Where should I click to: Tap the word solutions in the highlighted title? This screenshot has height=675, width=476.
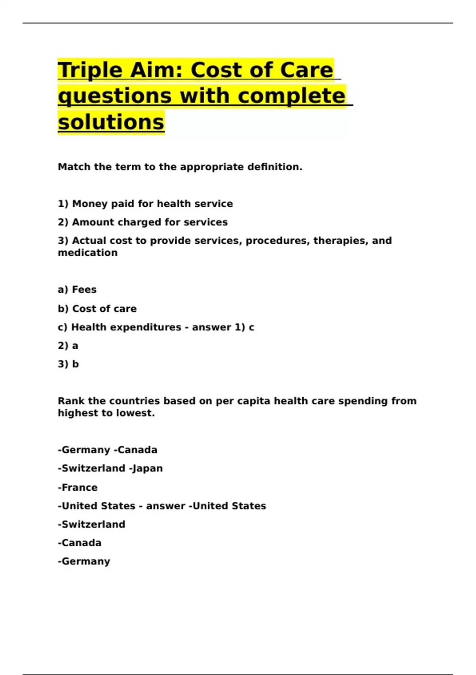[111, 122]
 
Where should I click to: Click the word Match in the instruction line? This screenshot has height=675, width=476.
[74, 167]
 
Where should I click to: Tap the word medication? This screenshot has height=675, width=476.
[88, 253]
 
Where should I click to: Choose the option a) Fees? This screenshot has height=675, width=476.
[77, 290]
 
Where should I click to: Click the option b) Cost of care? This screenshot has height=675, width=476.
[97, 309]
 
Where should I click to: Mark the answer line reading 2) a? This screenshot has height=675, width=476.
[68, 346]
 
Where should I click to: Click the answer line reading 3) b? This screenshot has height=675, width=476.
[68, 364]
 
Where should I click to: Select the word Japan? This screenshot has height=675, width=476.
[147, 469]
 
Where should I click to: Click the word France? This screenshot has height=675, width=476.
[79, 488]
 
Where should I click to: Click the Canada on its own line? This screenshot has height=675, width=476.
[81, 543]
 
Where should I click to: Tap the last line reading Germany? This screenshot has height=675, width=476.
[85, 561]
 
